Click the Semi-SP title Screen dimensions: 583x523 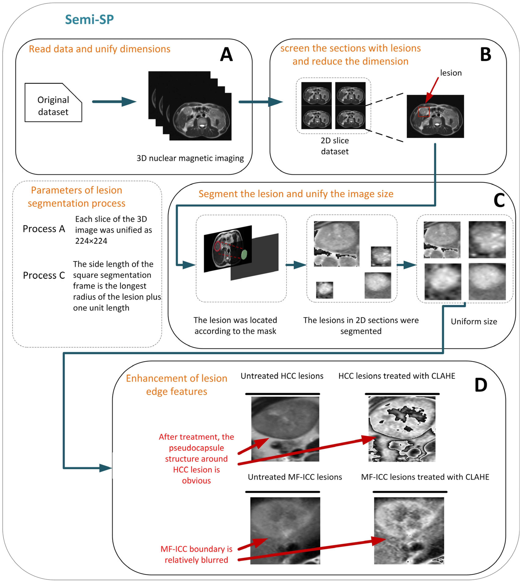tap(89, 20)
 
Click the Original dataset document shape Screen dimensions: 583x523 tap(53, 103)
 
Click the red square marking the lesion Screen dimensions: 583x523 tap(424, 112)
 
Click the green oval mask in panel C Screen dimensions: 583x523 tap(244, 255)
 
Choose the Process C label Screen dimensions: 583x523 tap(44, 275)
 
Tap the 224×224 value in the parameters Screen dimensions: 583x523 tap(91, 241)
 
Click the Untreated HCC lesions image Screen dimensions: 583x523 tap(285, 429)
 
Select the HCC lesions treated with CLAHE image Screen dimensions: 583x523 tap(402, 429)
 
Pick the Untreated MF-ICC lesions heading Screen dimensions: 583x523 tap(295, 477)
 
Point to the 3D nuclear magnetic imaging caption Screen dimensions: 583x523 tap(190, 158)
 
